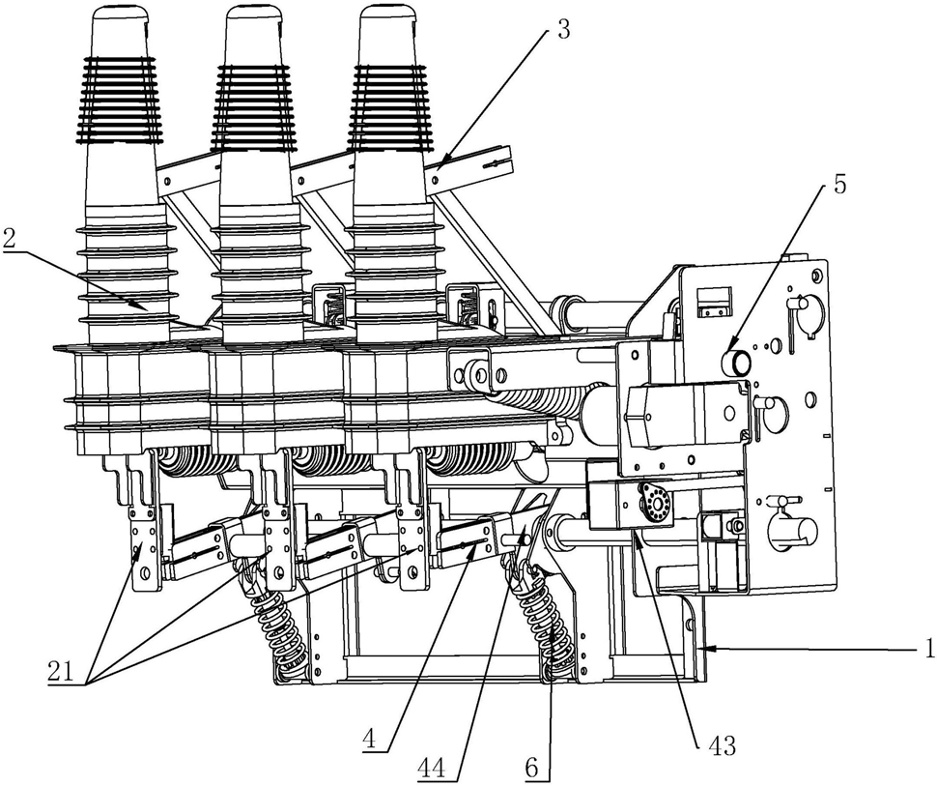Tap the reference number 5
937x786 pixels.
pyautogui.click(x=839, y=184)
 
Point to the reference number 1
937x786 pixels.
pyautogui.click(x=929, y=650)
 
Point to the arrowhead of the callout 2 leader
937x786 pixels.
pyautogui.click(x=145, y=308)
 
